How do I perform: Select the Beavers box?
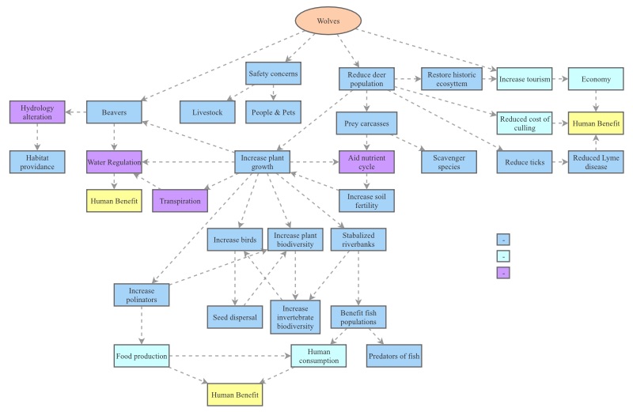coord(113,112)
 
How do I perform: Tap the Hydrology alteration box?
coord(37,112)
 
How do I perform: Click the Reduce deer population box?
coord(366,78)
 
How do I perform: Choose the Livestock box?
coord(207,112)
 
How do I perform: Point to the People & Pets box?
coord(274,112)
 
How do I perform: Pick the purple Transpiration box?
coord(180,202)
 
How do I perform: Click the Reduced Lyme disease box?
coord(594,161)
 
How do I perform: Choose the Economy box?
coord(595,79)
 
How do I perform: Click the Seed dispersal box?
coord(233,316)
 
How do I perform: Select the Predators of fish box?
coord(394,356)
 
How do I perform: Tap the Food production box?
coord(141,356)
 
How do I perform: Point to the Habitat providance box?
coord(37,161)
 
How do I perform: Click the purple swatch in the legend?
coord(502,273)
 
